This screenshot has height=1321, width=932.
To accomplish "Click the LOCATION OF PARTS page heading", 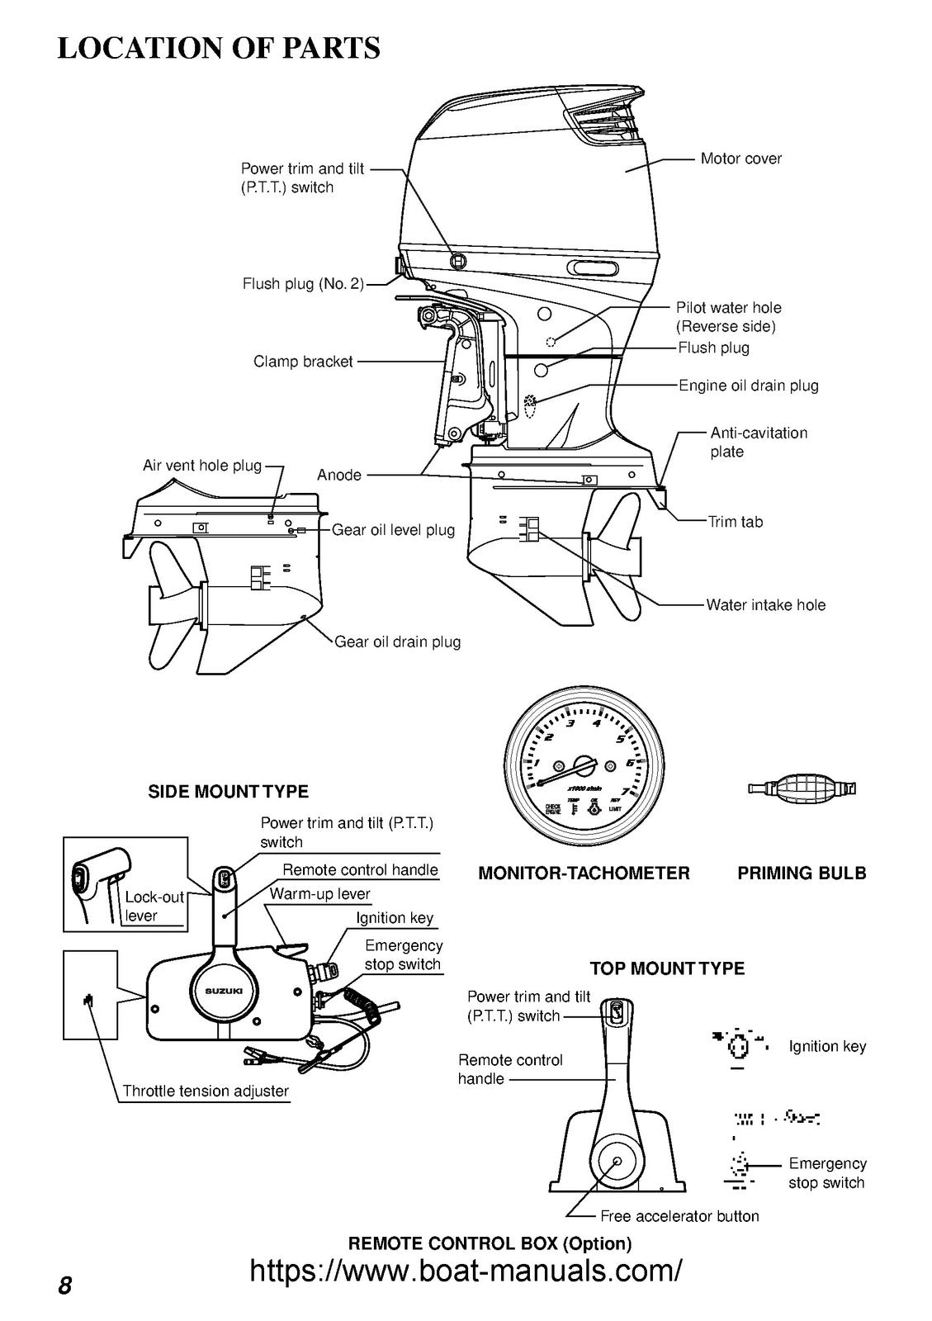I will pyautogui.click(x=219, y=47).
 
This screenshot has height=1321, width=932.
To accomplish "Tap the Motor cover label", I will pyautogui.click(x=740, y=159).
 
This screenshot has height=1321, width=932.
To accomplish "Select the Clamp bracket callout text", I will pyautogui.click(x=303, y=362).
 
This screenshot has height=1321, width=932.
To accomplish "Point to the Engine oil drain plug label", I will pyautogui.click(x=748, y=386).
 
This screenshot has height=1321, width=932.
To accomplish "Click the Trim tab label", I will pyautogui.click(x=735, y=522).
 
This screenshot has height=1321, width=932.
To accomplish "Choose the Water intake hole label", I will pyautogui.click(x=765, y=605).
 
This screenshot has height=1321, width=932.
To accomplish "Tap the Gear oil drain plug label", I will pyautogui.click(x=397, y=642).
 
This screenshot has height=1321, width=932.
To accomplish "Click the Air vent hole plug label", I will pyautogui.click(x=202, y=466).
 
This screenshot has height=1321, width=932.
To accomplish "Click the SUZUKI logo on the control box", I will pyautogui.click(x=224, y=991).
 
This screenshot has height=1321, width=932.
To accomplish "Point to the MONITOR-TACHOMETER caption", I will pyautogui.click(x=584, y=874).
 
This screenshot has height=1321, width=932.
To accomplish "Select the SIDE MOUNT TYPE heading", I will pyautogui.click(x=228, y=792).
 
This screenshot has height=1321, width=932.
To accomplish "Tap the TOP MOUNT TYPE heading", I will pyautogui.click(x=667, y=968).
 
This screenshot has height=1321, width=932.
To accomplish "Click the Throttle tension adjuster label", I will pyautogui.click(x=206, y=1091).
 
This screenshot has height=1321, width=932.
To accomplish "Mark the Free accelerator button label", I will pyautogui.click(x=679, y=1216).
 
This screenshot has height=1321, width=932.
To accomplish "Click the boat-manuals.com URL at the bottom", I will pyautogui.click(x=466, y=1270).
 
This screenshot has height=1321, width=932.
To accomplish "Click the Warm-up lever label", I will pyautogui.click(x=319, y=894).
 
